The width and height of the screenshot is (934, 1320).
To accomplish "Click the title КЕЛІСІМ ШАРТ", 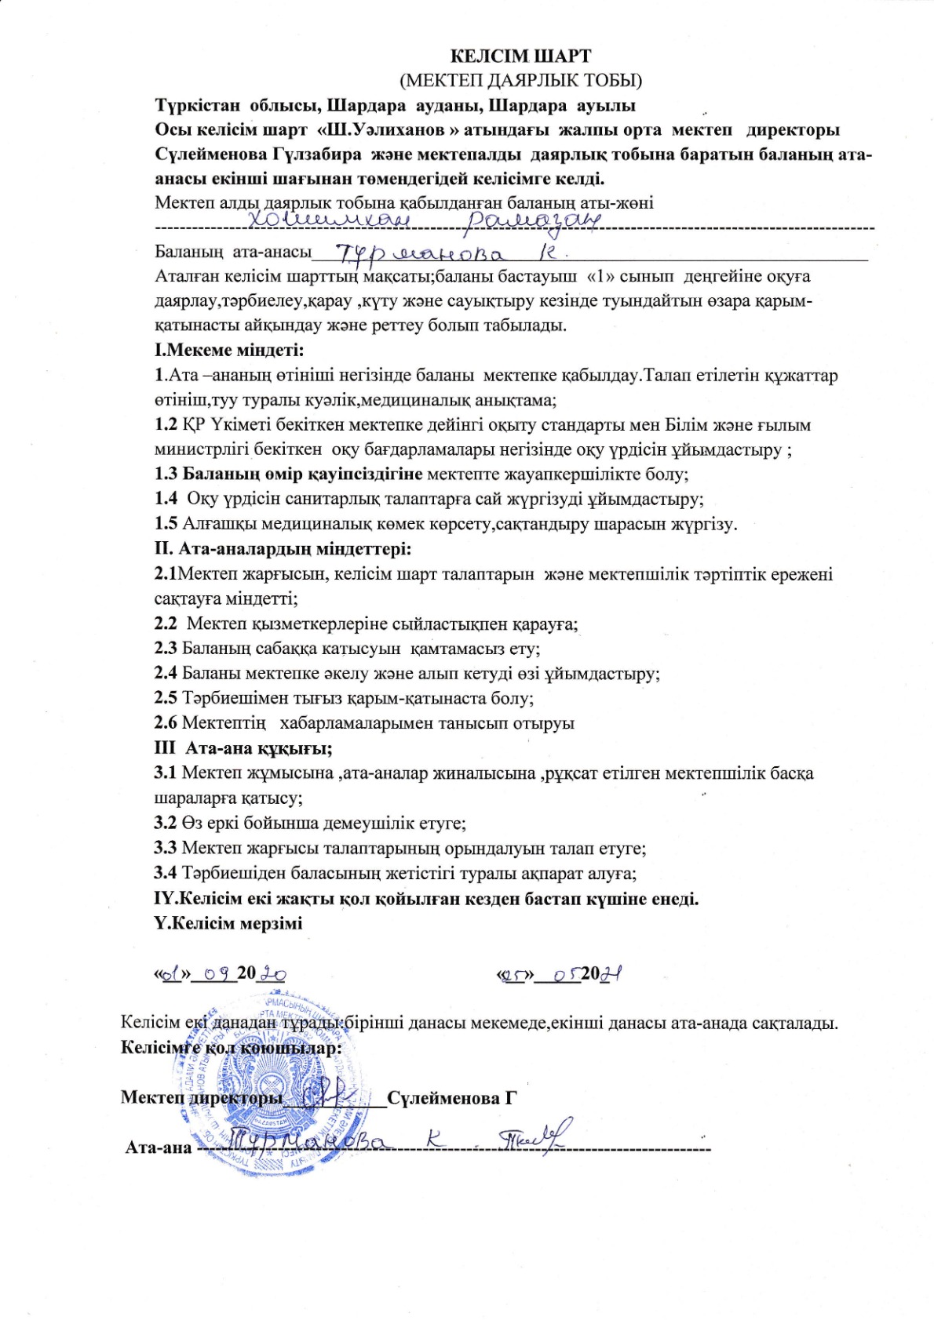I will point(520,56).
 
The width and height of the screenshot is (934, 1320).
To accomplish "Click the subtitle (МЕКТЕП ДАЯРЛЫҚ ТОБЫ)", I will point(520,80).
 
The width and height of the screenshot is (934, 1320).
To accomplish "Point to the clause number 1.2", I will point(166,425).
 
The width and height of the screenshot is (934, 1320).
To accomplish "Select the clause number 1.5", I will point(166,524).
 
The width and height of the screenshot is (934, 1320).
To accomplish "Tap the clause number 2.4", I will point(166,673).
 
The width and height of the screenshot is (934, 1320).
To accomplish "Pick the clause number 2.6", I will point(166,723).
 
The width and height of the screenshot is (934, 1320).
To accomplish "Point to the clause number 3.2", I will point(166,824).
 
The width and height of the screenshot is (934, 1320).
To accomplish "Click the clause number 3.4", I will point(166,873).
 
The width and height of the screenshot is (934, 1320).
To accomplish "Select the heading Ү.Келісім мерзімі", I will point(228,923).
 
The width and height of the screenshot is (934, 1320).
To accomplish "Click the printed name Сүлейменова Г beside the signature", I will point(452,1097).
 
